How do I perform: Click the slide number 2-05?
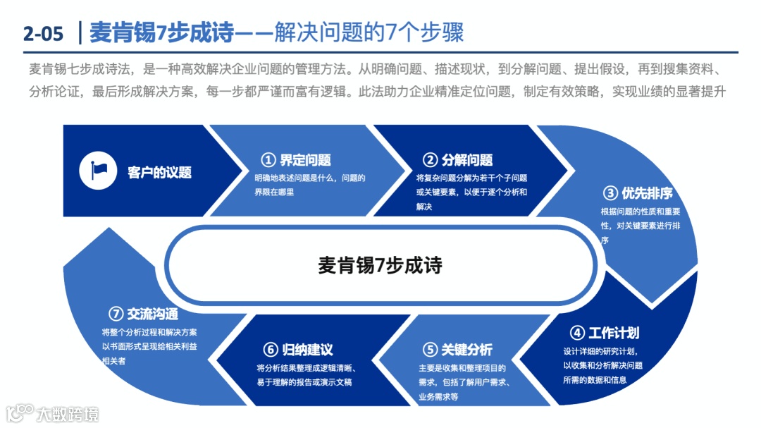[x=43, y=33]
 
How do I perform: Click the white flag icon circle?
[x=98, y=171]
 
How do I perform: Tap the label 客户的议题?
[x=159, y=172]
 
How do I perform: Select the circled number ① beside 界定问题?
[x=268, y=160]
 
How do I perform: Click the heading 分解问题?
[x=468, y=160]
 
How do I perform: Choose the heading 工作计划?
[x=614, y=333]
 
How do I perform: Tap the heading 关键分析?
[x=467, y=350]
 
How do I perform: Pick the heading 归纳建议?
[x=307, y=350]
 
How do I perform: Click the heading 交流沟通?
[x=153, y=314]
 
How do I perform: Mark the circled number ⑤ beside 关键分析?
[x=431, y=350]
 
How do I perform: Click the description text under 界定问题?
[x=310, y=185]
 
